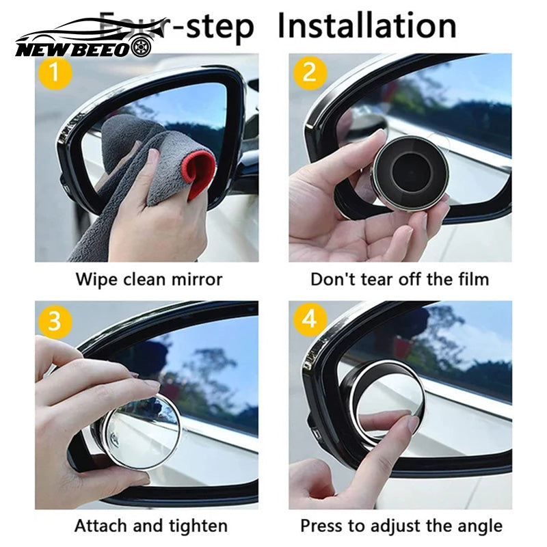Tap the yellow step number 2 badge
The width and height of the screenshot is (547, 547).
[309, 71]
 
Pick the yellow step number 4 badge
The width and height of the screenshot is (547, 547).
[309, 320]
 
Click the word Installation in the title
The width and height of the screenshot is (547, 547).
[367, 25]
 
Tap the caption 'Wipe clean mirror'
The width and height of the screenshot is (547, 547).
[148, 279]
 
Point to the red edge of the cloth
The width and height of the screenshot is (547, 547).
[199, 171]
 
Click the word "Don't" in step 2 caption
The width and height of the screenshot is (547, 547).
[331, 279]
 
